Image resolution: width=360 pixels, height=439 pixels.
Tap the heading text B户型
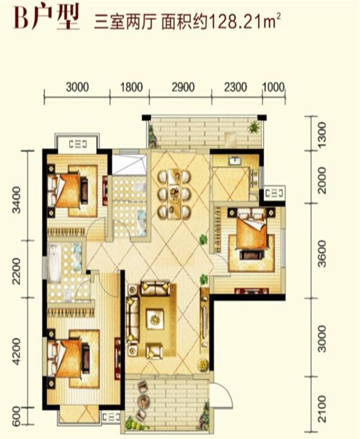tap(47, 18)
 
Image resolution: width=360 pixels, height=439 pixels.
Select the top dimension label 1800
tap(131, 87)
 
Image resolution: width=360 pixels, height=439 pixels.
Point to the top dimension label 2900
tap(183, 87)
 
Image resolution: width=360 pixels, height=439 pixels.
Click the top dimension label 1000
tap(273, 87)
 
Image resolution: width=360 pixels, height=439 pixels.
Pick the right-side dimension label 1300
tap(322, 133)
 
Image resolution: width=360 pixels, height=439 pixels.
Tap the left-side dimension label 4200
tap(17, 351)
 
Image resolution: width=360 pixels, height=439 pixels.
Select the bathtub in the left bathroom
tap(55, 263)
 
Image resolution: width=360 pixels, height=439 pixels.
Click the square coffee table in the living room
tap(155, 318)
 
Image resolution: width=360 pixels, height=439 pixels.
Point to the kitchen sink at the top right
tap(233, 161)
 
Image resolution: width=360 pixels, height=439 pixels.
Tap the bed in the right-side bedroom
tap(251, 230)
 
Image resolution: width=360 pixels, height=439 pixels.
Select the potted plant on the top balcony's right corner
tap(254, 127)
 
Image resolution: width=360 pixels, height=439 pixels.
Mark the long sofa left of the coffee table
tap(133, 319)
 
